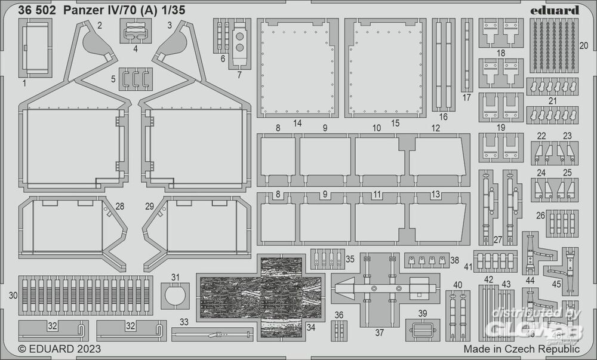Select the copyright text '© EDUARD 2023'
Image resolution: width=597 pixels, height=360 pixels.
click(59, 349)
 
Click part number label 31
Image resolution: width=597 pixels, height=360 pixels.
click(175, 277)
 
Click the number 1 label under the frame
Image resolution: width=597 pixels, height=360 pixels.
click(24, 84)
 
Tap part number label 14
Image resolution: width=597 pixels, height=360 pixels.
click(297, 123)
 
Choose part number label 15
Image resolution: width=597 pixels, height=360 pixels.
click(395, 123)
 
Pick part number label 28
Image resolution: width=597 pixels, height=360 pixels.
click(120, 207)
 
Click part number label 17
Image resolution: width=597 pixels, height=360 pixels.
click(466, 98)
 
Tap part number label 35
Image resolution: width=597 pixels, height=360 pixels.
click(350, 259)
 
